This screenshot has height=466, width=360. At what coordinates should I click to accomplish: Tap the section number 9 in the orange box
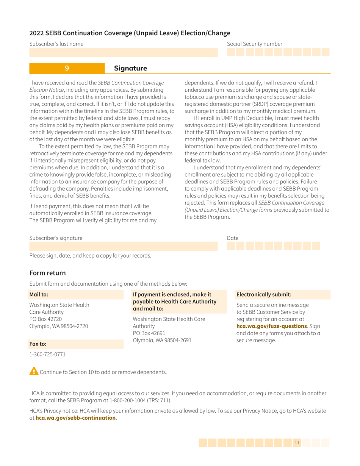[67, 68]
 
